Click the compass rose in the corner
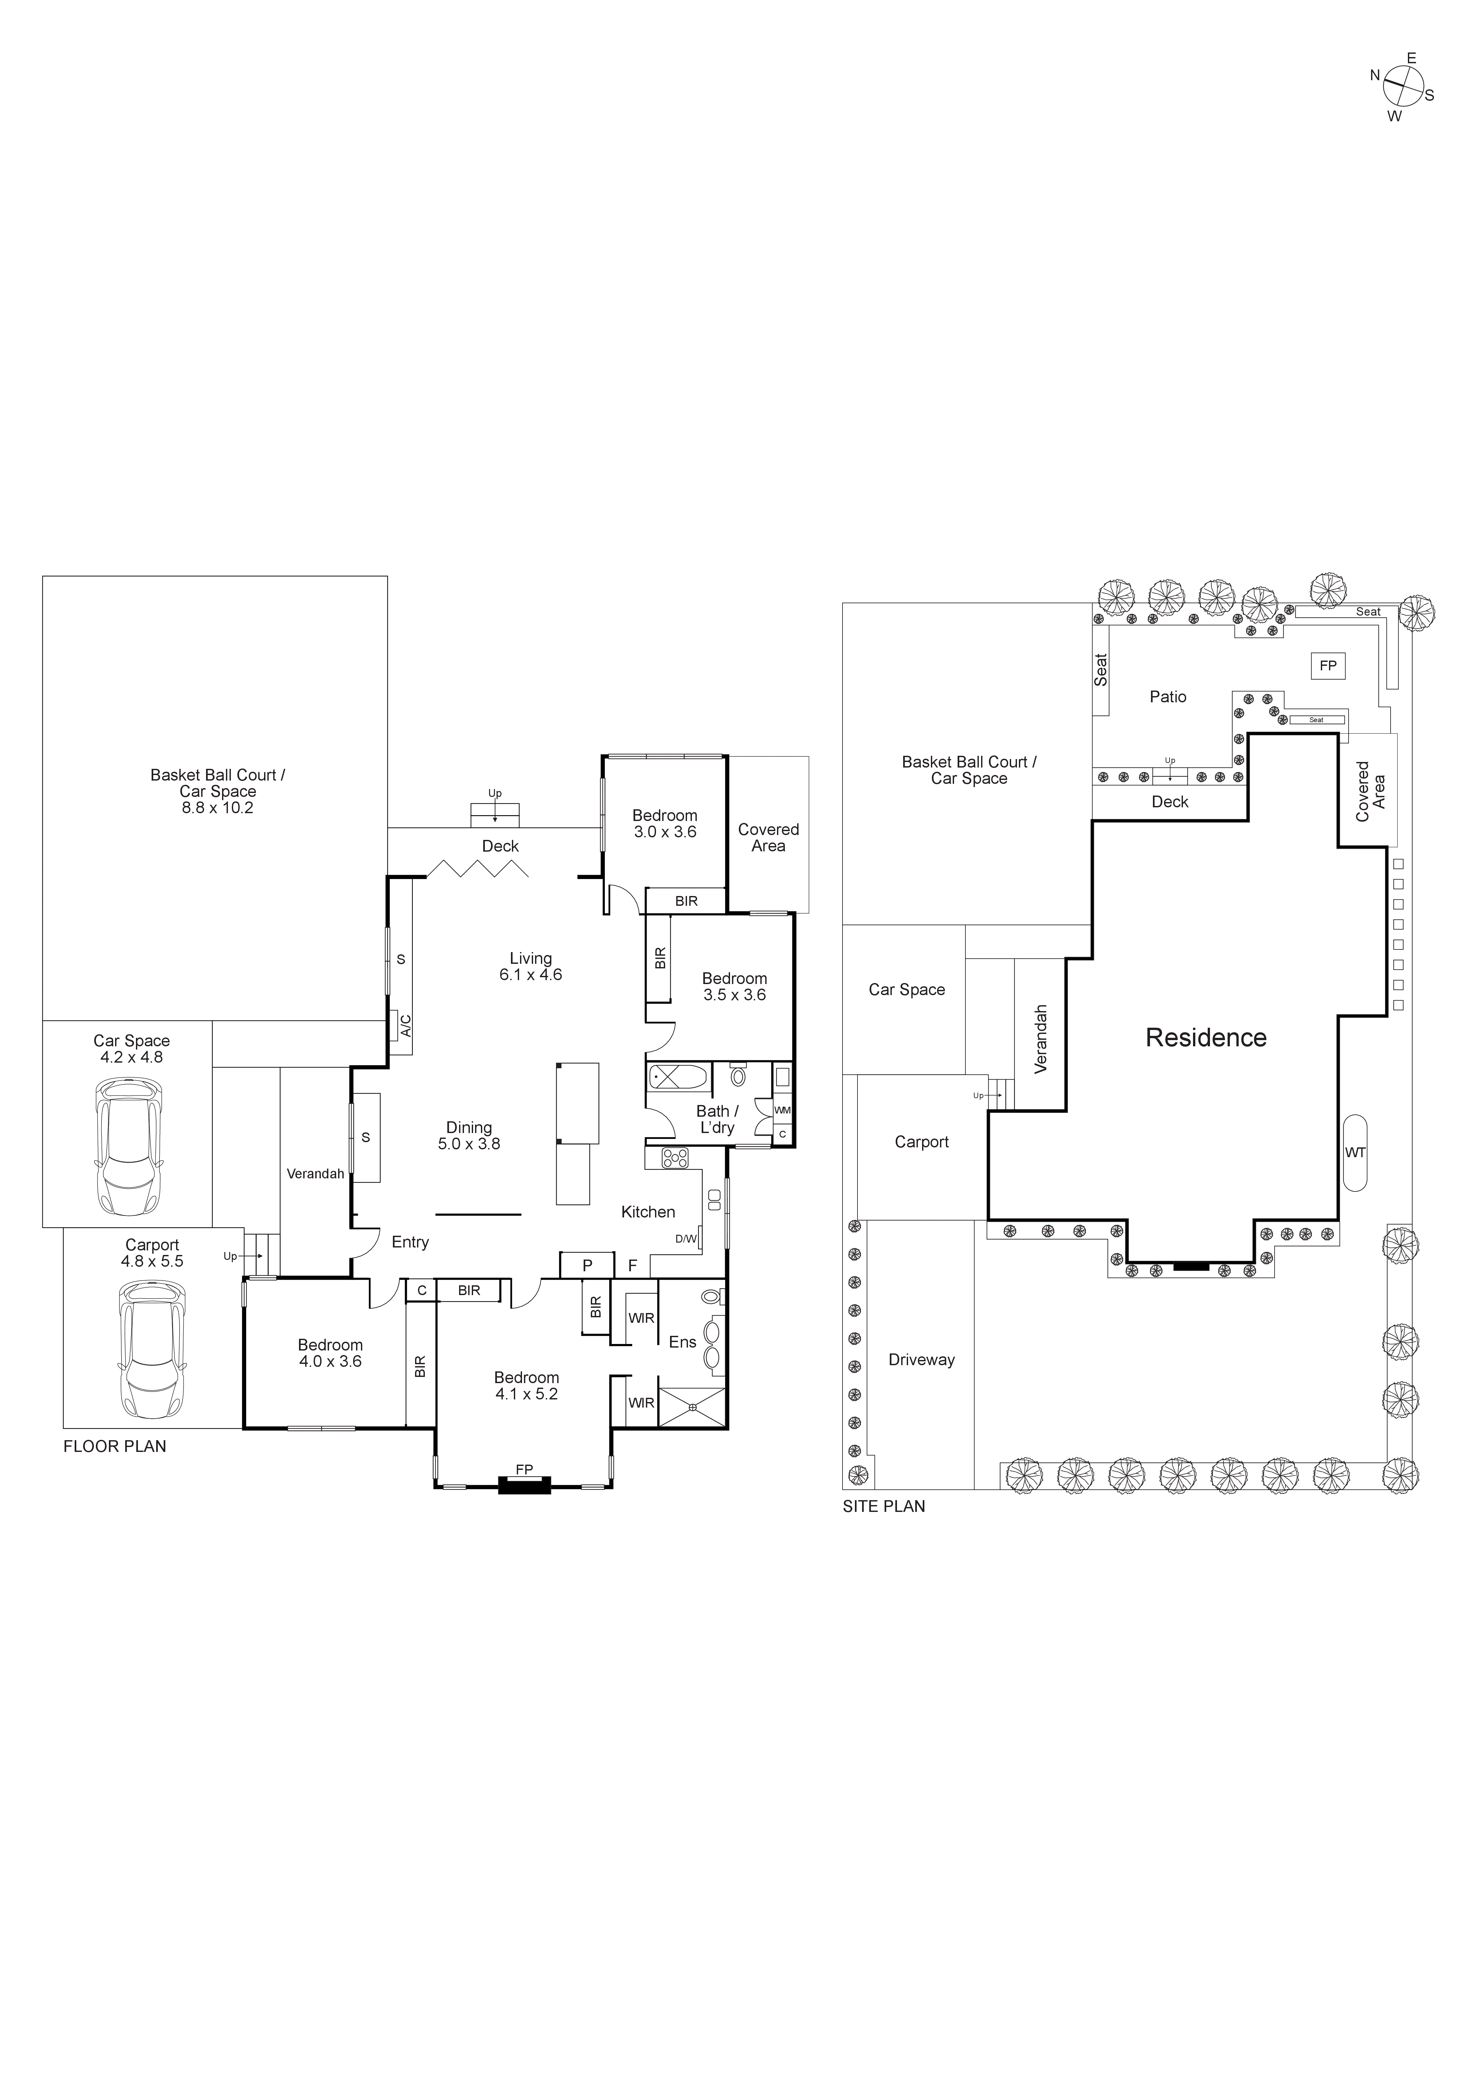coord(1402,88)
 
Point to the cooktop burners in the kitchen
coord(675,1158)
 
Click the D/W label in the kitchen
coord(686,1239)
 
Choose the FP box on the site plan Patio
coord(1328,665)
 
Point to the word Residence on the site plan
coord(1206,1038)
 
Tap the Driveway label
coord(921,1360)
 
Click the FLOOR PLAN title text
coord(115,1446)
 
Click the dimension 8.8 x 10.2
coord(217,807)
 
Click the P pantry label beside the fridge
coord(587,1265)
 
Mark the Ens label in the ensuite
coord(682,1342)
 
